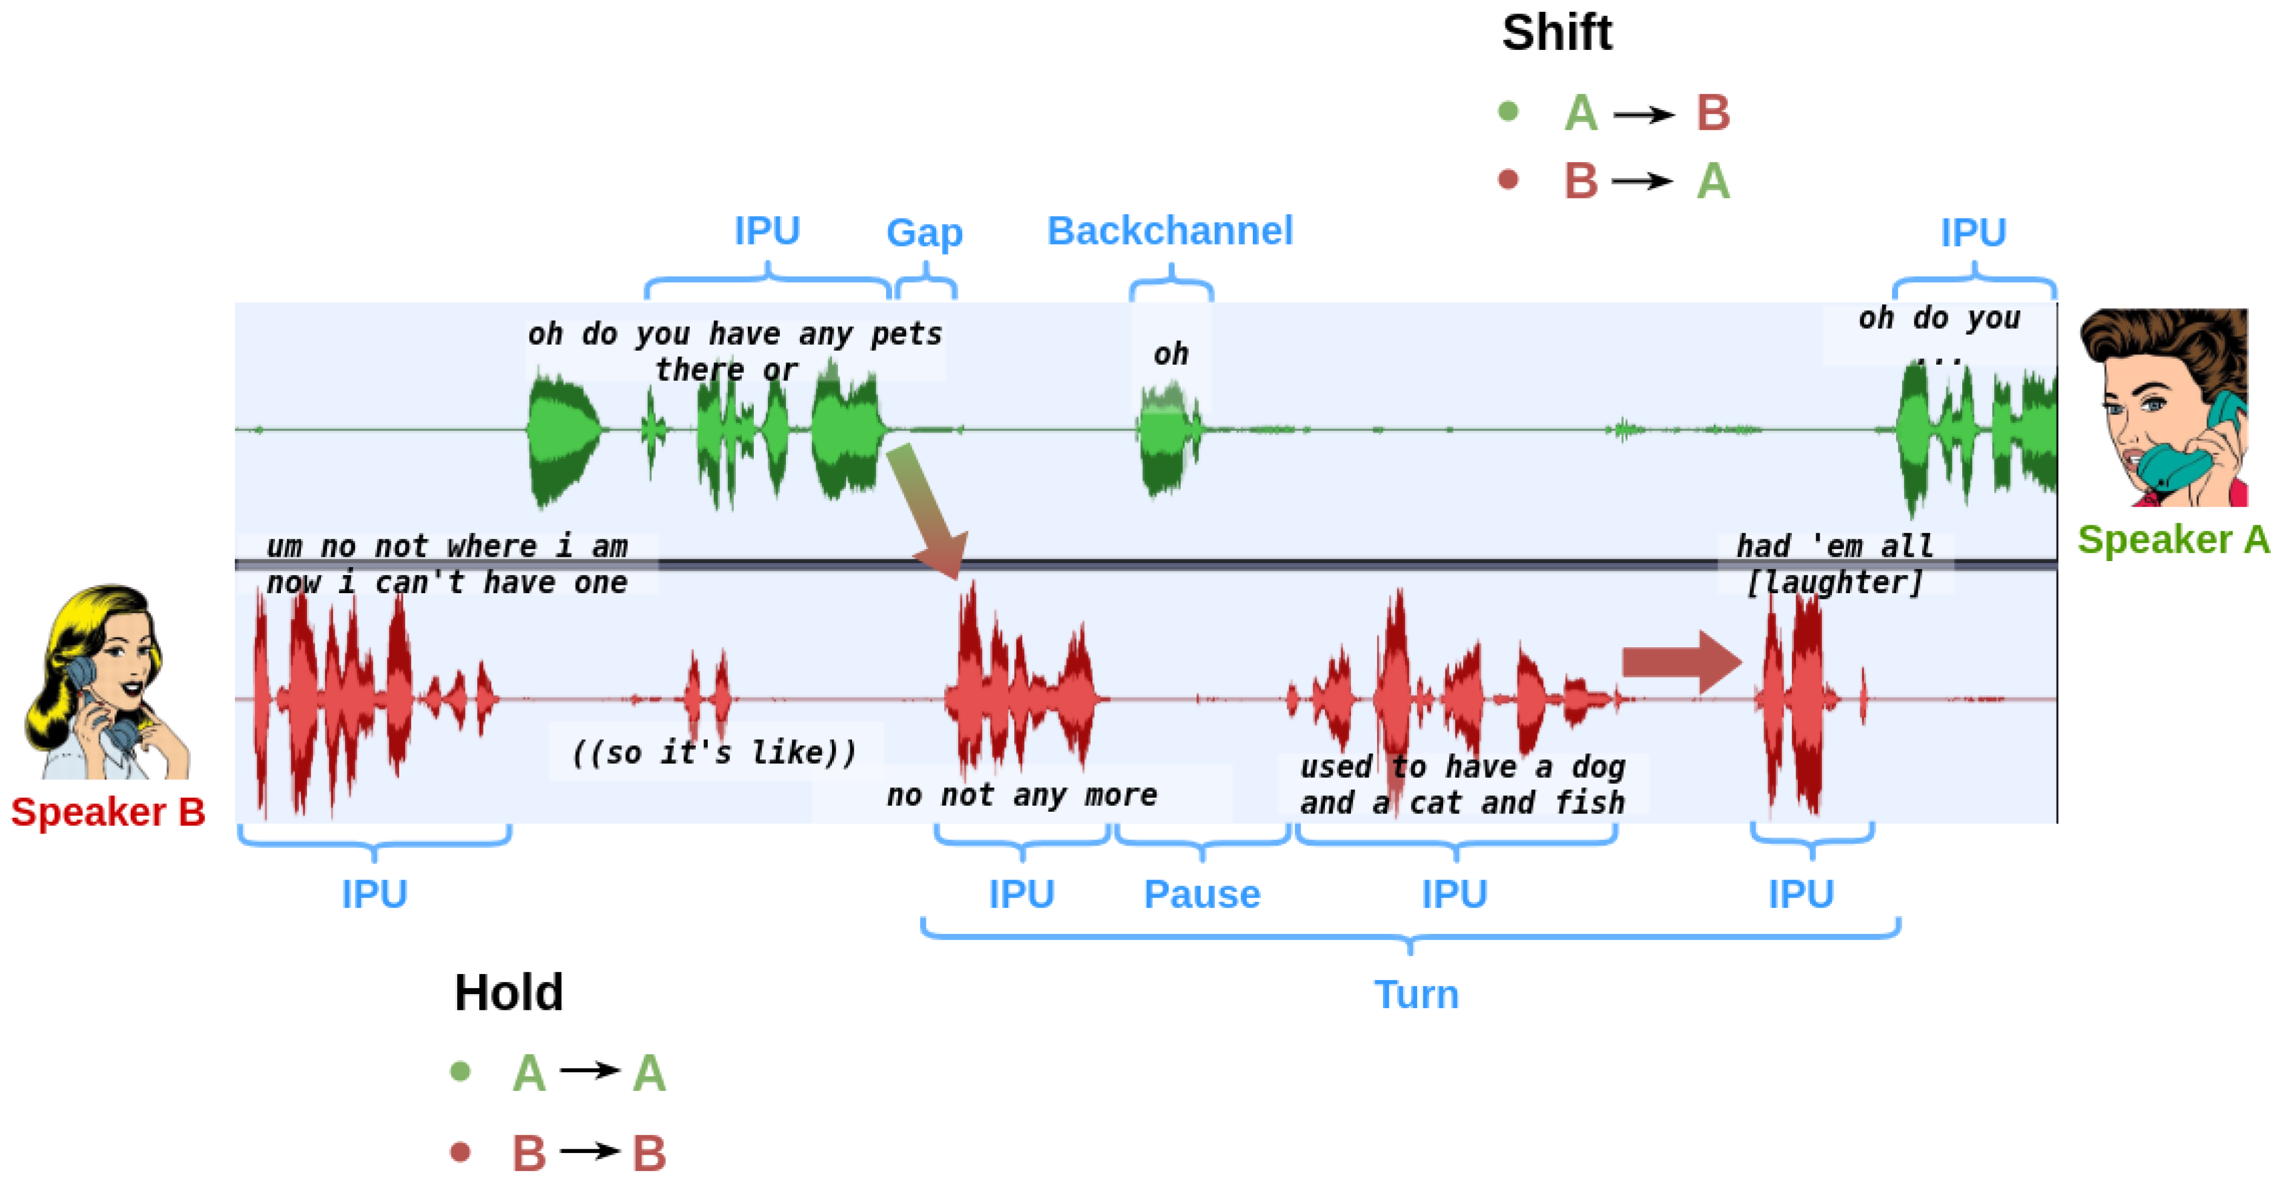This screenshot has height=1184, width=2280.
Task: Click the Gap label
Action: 924,233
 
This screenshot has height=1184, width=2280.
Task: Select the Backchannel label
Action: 1169,231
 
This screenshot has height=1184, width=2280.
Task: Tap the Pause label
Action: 1201,894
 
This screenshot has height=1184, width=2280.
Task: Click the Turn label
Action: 1416,995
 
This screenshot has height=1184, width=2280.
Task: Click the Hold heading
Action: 508,992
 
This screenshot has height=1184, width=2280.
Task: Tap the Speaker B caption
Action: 108,812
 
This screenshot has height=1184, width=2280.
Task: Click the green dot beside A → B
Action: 1508,112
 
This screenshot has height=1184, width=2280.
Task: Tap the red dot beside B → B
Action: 459,1152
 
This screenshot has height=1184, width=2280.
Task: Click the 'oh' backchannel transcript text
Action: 1170,354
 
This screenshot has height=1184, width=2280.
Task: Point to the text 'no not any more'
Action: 1021,795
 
